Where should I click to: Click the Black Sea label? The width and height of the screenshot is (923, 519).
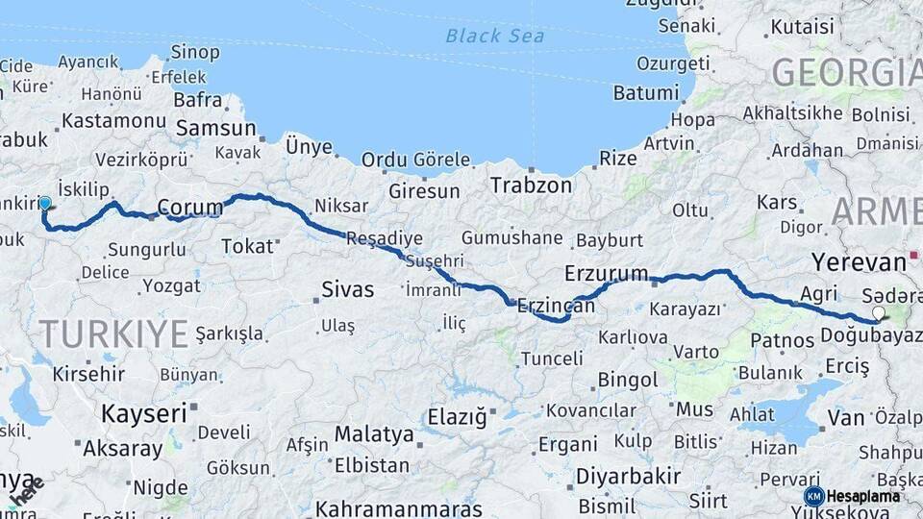tap(495, 37)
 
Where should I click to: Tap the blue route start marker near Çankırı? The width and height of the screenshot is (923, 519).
tap(45, 203)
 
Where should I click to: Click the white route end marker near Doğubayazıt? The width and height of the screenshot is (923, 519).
tap(878, 312)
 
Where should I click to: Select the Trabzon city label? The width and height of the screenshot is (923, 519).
tap(531, 184)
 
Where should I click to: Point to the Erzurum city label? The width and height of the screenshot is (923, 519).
tap(607, 273)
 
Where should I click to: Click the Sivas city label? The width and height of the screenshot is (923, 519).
tap(348, 288)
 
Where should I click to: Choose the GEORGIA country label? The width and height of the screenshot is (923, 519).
tap(846, 73)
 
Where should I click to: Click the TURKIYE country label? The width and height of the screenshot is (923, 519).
tap(113, 334)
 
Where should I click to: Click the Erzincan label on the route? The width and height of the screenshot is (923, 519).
tap(556, 306)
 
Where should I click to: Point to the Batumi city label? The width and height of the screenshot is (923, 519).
tap(646, 93)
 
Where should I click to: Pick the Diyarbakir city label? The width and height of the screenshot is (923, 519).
tap(629, 476)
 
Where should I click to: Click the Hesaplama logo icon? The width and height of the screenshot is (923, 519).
tap(813, 496)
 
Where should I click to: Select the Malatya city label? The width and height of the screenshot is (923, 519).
tap(374, 434)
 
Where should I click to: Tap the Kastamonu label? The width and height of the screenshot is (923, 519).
tap(114, 121)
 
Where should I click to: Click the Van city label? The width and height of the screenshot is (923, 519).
tap(846, 418)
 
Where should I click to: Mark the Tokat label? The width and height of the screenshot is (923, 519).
tap(248, 246)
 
